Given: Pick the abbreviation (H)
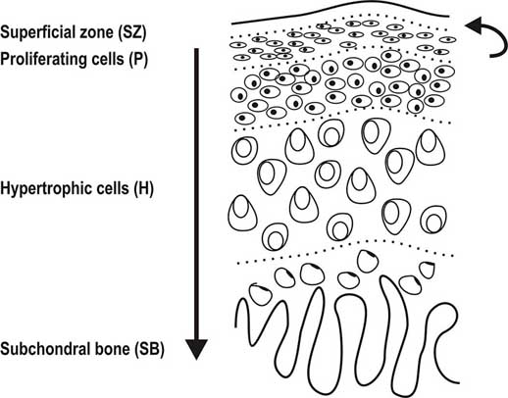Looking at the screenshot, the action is click(x=143, y=189).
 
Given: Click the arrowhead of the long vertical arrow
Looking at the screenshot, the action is click(x=196, y=349).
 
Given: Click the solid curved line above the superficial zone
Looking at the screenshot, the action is click(x=340, y=10).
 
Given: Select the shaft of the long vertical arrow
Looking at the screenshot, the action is click(x=196, y=194).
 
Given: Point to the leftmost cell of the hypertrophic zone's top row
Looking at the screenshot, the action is click(x=244, y=150).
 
